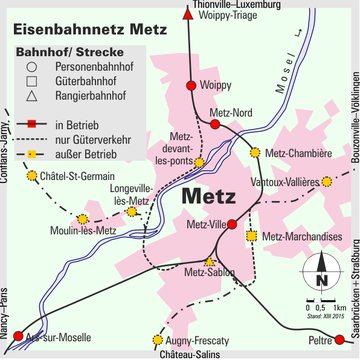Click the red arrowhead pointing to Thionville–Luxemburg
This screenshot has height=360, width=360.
tap(191, 9)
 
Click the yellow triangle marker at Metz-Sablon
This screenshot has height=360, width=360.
tap(209, 262)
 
